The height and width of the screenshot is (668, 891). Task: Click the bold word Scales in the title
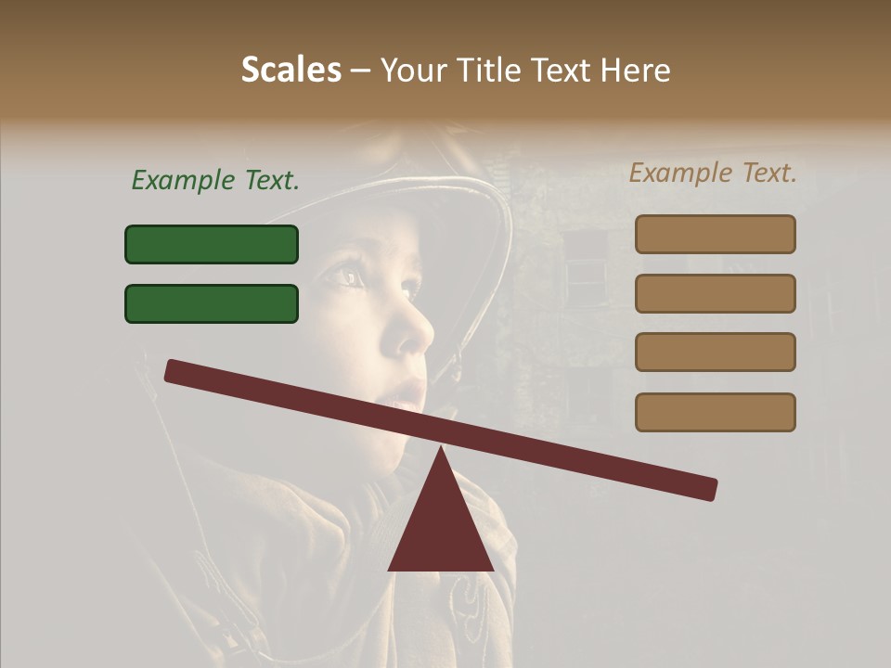291,70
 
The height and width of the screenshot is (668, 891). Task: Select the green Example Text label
215,181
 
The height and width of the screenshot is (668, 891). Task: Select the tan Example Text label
713,173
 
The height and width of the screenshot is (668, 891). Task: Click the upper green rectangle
212,244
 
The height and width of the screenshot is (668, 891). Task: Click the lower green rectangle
212,303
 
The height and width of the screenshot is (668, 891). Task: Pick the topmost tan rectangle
715,234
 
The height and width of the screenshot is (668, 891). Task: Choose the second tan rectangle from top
715,293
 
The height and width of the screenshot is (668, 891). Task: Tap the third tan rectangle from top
715,352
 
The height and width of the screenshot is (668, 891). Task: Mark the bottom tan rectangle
715,412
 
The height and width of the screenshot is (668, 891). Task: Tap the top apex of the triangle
441,449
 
